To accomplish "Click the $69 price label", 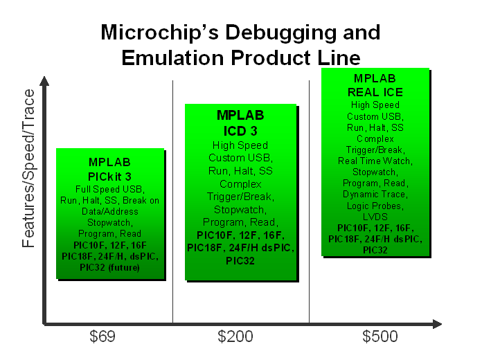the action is click(x=102, y=336).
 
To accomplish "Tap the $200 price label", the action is click(x=235, y=336).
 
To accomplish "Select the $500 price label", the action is click(x=380, y=336).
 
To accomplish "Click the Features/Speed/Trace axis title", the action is click(x=28, y=168).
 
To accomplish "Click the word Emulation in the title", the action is click(x=172, y=57).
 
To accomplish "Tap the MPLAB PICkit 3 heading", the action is click(x=109, y=170).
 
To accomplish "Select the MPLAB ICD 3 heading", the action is click(x=240, y=123).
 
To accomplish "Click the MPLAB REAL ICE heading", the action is click(x=375, y=85).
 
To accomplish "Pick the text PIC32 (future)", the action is click(x=109, y=267).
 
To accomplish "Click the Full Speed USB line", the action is click(x=109, y=189).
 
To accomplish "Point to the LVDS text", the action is click(x=375, y=217).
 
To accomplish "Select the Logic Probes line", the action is click(x=375, y=206).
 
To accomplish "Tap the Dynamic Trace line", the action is click(x=375, y=195).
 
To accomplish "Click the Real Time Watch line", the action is click(x=375, y=161).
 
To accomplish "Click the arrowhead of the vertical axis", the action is click(x=44, y=81).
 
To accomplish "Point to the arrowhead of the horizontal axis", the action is click(x=437, y=324).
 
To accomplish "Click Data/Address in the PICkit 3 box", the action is click(x=109, y=212).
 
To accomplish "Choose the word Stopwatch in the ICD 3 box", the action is click(x=238, y=210).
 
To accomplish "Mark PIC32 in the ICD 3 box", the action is click(x=240, y=261).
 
